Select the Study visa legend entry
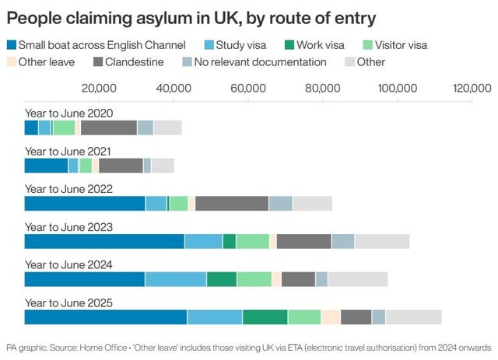coord(234,46)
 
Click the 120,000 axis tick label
coord(472,88)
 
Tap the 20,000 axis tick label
coord(98,88)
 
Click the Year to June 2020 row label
coord(68,113)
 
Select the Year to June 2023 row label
coord(68,226)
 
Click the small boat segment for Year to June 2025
coord(105,317)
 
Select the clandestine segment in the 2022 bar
coord(232,204)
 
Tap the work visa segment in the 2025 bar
coord(265,317)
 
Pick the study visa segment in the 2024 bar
coord(175,279)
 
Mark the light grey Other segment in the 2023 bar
coord(381,242)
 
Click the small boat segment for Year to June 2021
coord(46,166)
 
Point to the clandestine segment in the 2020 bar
coord(109,128)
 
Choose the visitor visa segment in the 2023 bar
coord(252,242)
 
